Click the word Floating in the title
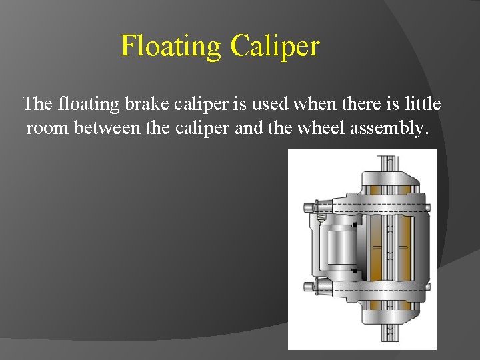(171, 47)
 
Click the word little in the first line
(424, 105)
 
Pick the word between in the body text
(107, 127)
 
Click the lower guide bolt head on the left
(309, 288)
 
